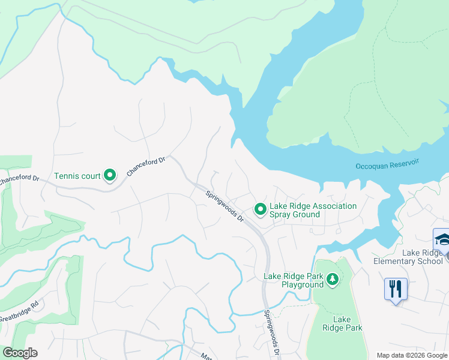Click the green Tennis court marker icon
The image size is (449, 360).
(x=110, y=175)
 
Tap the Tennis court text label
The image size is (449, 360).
(x=77, y=176)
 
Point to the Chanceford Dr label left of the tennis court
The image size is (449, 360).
(x=19, y=179)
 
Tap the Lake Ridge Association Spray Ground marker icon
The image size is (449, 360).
(x=260, y=209)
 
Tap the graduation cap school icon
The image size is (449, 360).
(x=442, y=239)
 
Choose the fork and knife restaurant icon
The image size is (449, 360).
(x=396, y=289)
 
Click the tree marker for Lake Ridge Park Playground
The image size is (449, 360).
(x=332, y=279)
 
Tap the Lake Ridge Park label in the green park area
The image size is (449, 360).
(x=342, y=323)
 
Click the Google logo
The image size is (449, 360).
(x=20, y=353)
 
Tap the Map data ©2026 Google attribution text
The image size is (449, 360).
(x=412, y=355)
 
